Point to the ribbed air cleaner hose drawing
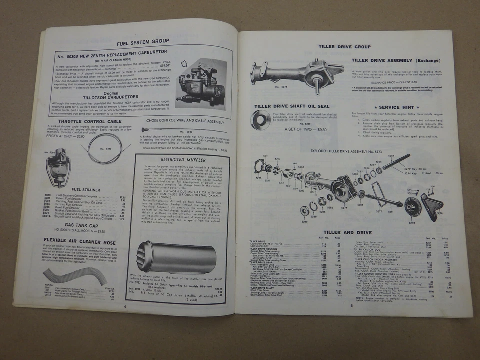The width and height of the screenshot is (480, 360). click(x=68, y=276)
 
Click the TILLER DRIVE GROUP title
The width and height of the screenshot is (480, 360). click(x=344, y=47)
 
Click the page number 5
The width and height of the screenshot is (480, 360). click(x=351, y=305)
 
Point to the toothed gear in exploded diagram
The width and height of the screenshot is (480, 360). click(x=413, y=206)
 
